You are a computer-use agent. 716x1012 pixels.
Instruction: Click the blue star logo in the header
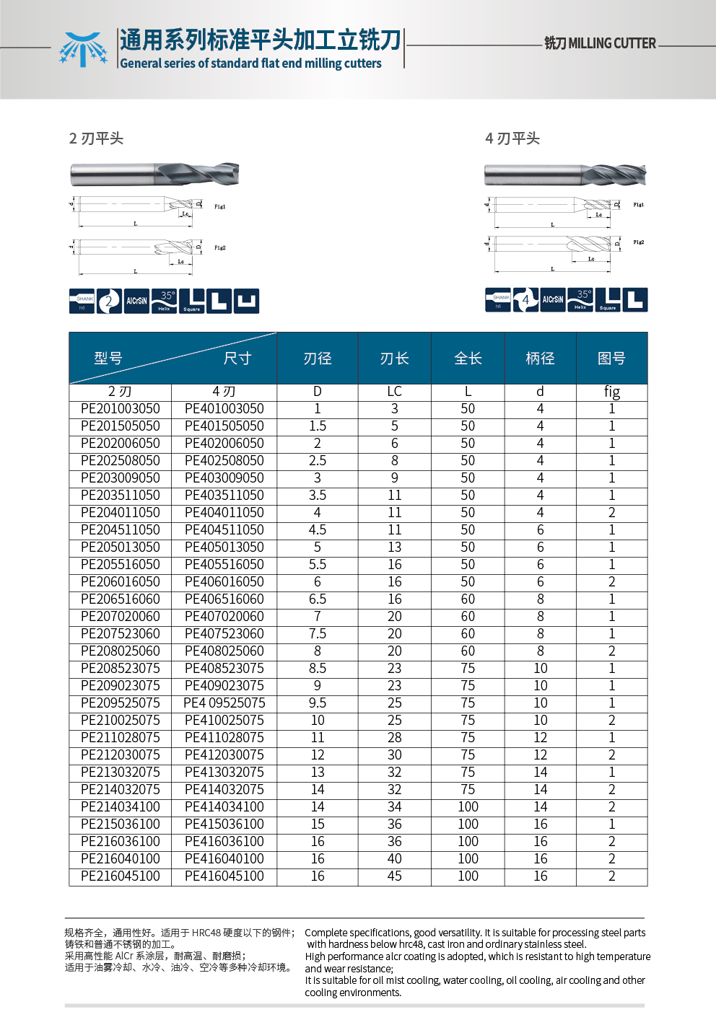click(x=83, y=49)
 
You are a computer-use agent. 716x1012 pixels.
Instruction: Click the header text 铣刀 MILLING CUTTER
click(x=600, y=43)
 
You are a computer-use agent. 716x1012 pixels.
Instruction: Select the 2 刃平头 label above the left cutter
click(x=96, y=138)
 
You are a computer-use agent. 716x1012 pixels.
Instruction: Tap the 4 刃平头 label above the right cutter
click(x=512, y=138)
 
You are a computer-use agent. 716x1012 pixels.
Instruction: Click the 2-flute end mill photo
click(x=154, y=174)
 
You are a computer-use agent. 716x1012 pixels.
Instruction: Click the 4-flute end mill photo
click(x=564, y=175)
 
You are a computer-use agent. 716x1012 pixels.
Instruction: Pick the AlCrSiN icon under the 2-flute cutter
click(x=136, y=301)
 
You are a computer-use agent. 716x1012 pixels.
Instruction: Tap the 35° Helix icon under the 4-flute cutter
click(x=581, y=299)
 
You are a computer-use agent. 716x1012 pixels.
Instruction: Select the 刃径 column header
click(x=318, y=358)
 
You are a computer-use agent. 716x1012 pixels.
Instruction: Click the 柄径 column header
click(x=540, y=358)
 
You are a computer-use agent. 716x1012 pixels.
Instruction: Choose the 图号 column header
click(x=611, y=358)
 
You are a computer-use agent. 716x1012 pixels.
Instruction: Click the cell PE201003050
click(x=121, y=409)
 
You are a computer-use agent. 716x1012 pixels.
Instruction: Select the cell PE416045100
click(x=224, y=876)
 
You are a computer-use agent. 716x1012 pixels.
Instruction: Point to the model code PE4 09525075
click(x=224, y=703)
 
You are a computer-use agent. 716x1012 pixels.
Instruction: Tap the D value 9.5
click(x=318, y=703)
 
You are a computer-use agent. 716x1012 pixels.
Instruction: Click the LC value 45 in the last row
click(x=394, y=876)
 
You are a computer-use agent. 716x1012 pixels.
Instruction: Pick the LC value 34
click(x=394, y=807)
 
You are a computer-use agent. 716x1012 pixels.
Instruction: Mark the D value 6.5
click(x=318, y=599)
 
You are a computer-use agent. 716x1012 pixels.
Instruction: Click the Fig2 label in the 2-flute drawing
click(x=220, y=248)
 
